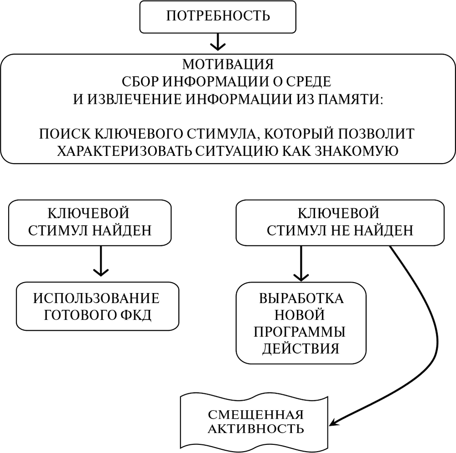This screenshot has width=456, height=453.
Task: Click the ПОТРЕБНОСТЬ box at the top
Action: [218, 16]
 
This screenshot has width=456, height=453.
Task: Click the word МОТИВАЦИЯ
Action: [228, 64]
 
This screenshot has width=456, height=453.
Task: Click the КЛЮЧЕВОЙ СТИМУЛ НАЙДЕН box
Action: [90, 222]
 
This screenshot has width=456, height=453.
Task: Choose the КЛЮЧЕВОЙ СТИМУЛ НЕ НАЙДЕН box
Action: [339, 222]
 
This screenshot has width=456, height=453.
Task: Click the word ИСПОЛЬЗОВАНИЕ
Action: [97, 299]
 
